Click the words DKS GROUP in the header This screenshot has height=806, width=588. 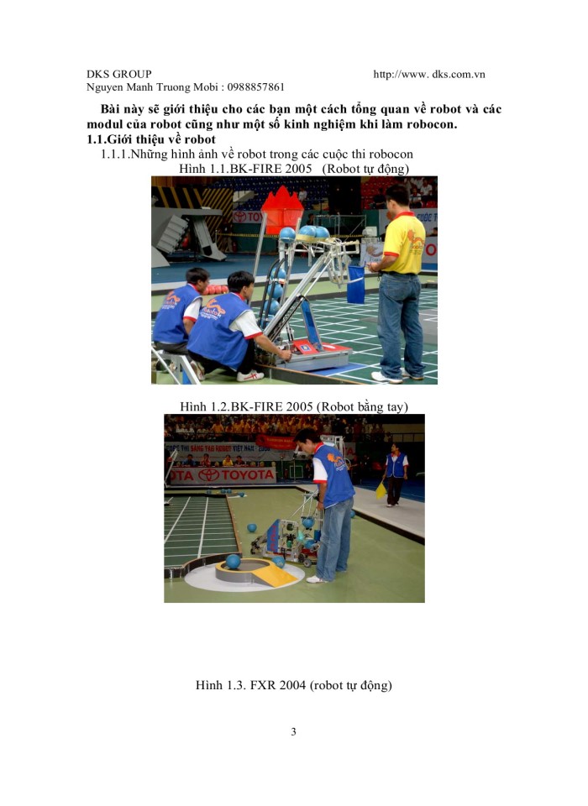(x=119, y=74)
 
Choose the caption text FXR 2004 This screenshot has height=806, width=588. (x=272, y=685)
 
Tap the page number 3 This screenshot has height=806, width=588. (x=293, y=731)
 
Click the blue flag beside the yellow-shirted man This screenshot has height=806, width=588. (x=355, y=284)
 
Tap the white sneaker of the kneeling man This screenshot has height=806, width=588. (x=249, y=375)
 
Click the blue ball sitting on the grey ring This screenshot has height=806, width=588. (x=233, y=560)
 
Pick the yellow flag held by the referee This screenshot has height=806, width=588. (x=381, y=490)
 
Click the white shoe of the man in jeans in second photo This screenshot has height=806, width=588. (x=316, y=578)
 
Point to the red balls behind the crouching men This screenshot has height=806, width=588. (x=216, y=290)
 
